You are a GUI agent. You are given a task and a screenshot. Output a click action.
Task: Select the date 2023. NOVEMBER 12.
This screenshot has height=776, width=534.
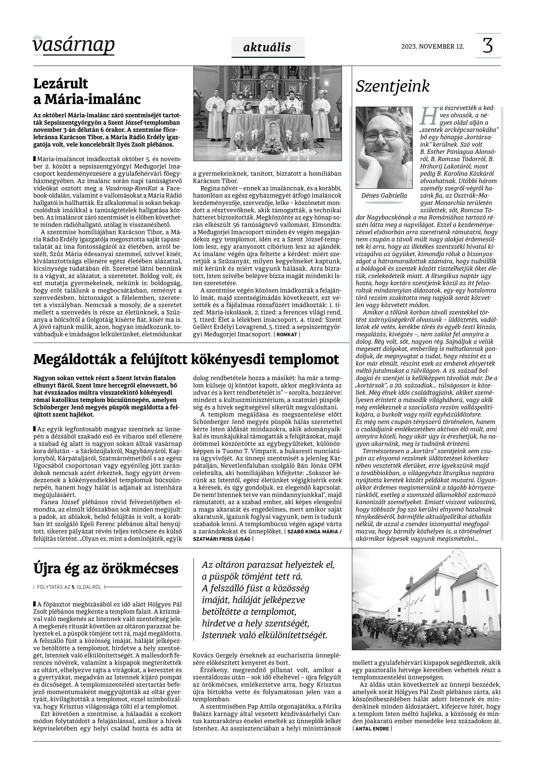[433, 46]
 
